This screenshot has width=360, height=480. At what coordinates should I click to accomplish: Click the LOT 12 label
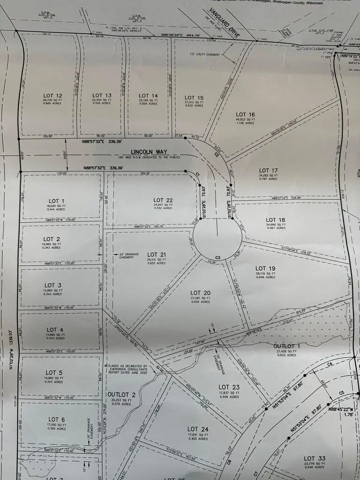point(52,96)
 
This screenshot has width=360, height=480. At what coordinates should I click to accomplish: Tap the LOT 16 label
point(245,114)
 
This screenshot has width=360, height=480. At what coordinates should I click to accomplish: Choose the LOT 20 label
point(200,293)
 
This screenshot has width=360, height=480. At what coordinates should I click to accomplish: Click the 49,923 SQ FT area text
point(245,120)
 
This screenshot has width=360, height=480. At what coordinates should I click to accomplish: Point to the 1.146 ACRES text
point(245,123)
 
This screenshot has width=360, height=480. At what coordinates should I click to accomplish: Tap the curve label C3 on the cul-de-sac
point(218,257)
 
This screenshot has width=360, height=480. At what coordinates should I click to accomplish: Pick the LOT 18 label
point(276,219)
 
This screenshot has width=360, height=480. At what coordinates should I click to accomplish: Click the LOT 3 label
point(53,285)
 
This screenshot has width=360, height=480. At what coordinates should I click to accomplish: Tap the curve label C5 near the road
point(341,392)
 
